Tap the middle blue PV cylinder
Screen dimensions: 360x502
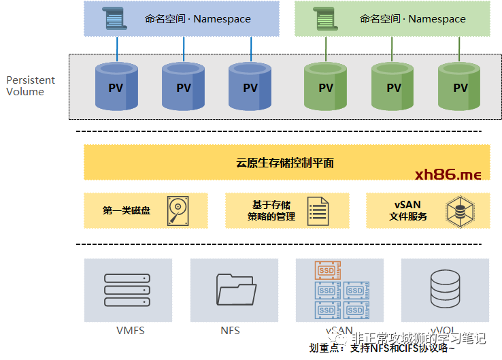[184, 86]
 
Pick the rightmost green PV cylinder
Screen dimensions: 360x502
[461, 86]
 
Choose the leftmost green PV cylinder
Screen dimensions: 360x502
[326, 86]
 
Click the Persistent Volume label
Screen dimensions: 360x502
[31, 86]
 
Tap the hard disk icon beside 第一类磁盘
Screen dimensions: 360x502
[177, 210]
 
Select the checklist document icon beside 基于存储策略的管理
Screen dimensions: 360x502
[318, 211]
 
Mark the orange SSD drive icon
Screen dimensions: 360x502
[327, 271]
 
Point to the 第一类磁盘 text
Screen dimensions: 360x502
[127, 211]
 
